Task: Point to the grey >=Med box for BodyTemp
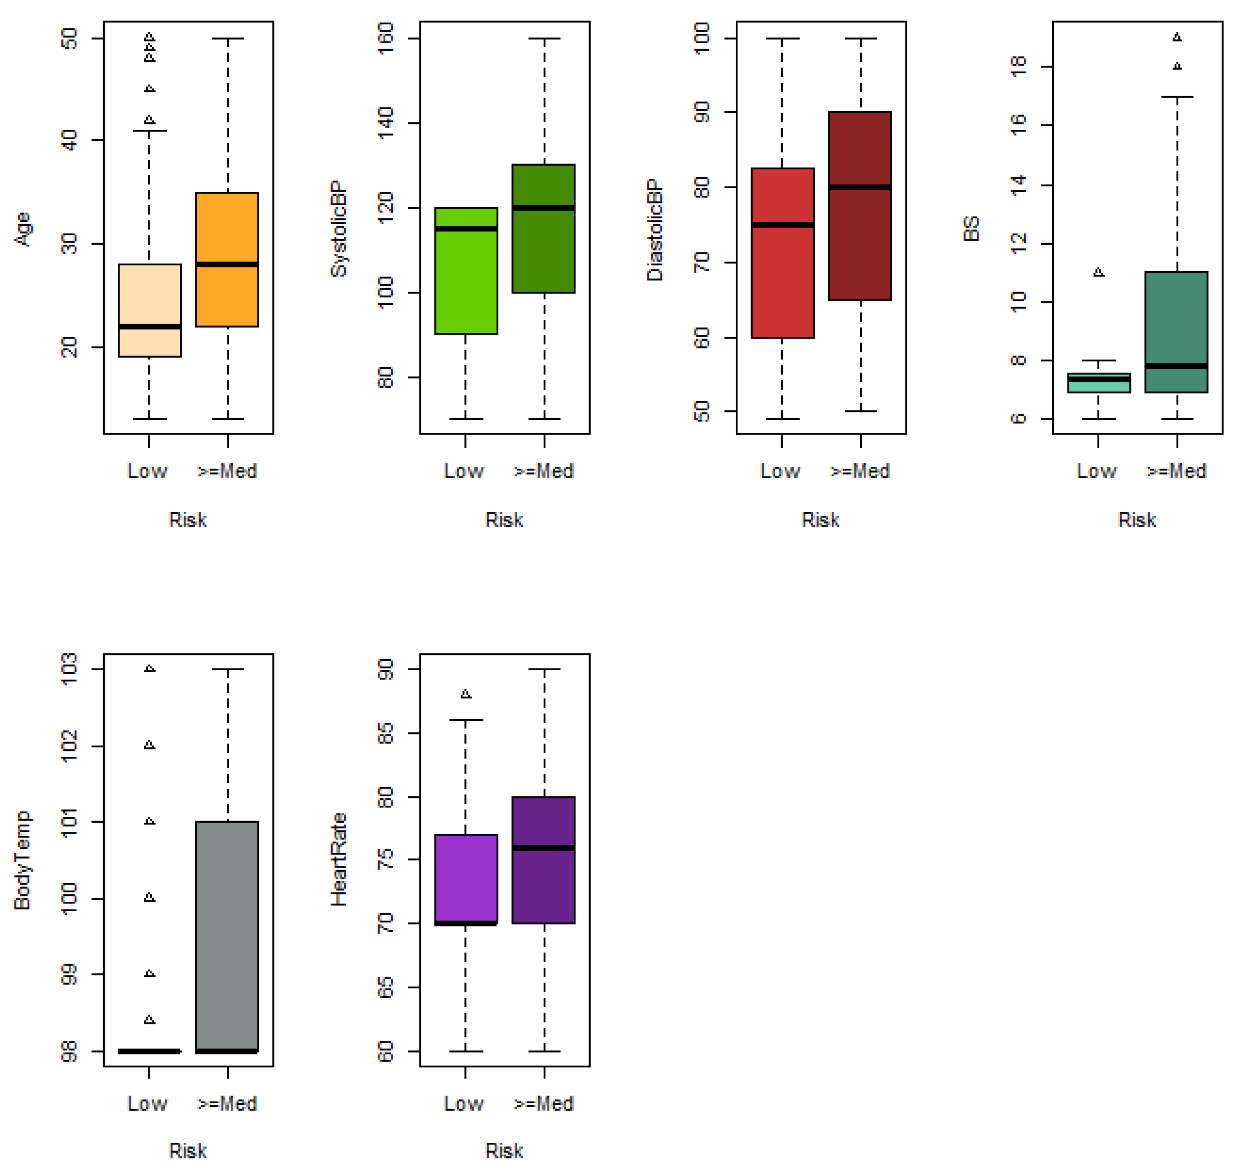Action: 227,936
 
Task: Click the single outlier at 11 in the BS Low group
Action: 1099,272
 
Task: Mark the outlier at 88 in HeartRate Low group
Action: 466,694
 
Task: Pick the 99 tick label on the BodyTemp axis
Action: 69,974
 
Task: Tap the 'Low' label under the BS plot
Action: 1097,471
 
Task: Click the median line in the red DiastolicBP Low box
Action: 783,225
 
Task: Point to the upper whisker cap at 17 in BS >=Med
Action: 1178,97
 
